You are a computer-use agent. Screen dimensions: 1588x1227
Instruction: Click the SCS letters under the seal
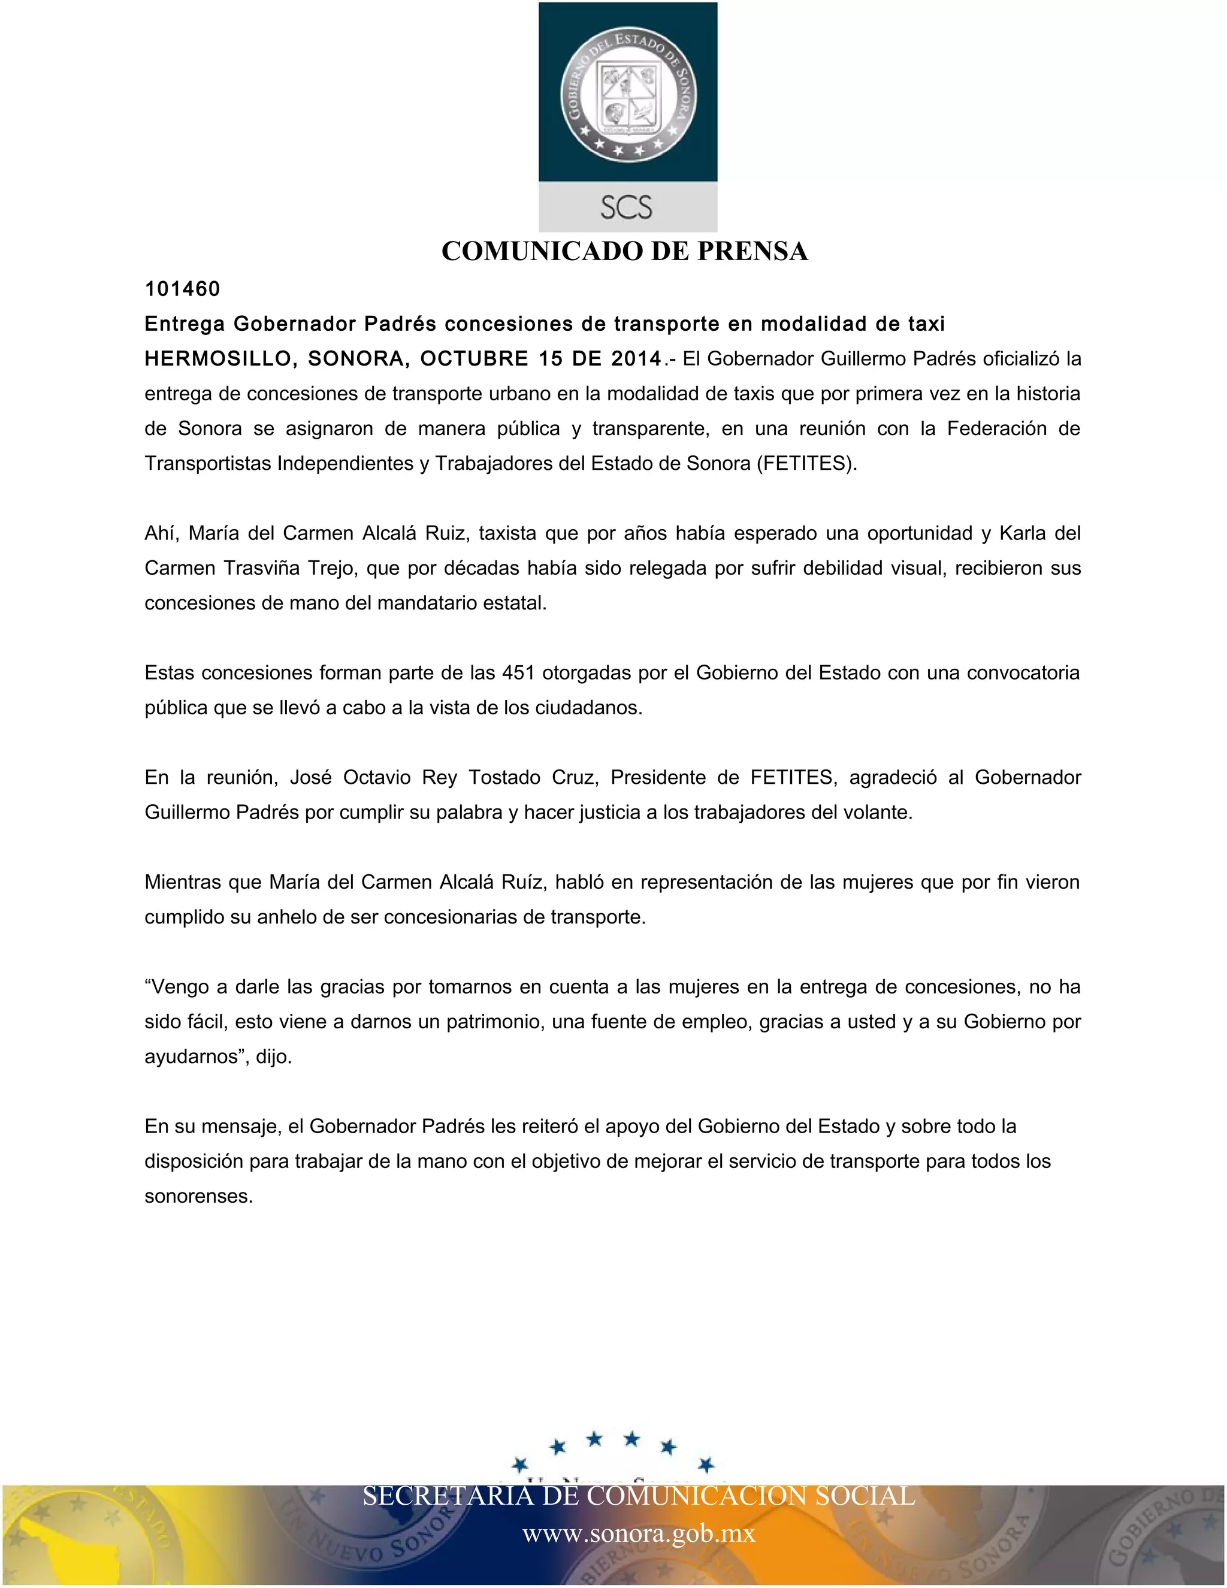tap(627, 208)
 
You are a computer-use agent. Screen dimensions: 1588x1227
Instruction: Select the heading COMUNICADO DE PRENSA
tap(624, 252)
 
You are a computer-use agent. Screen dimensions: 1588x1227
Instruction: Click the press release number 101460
tap(183, 289)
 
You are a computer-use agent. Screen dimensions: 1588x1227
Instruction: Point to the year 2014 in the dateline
tap(636, 359)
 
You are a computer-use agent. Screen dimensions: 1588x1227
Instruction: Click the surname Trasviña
tap(262, 569)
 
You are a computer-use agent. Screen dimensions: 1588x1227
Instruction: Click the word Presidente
tap(658, 778)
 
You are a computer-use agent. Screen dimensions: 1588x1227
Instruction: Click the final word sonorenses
tap(198, 1197)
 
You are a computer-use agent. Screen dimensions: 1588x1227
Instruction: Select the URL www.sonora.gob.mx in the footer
tap(639, 1533)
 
